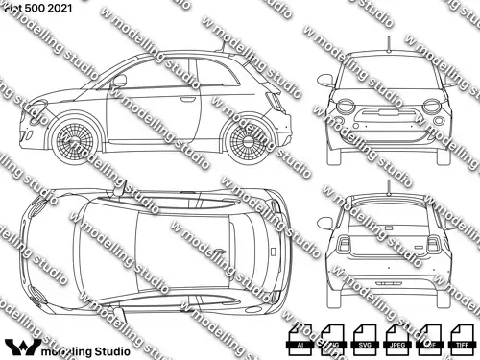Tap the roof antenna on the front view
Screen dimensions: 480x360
[387, 42]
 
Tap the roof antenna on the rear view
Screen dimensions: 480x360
[387, 182]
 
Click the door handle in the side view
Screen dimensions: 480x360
[188, 98]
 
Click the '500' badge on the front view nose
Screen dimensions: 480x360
[387, 100]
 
